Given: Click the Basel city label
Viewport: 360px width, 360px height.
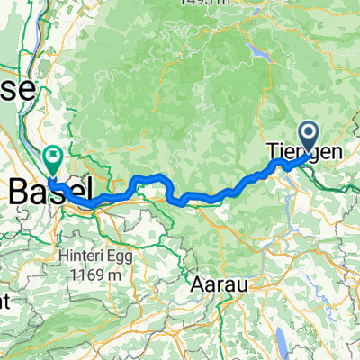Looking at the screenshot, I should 49,190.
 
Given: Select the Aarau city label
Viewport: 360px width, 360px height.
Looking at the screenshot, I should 221,283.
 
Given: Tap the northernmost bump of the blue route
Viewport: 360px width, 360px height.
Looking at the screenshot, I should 157,175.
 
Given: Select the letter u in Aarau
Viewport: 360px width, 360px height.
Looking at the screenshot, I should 243,283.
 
